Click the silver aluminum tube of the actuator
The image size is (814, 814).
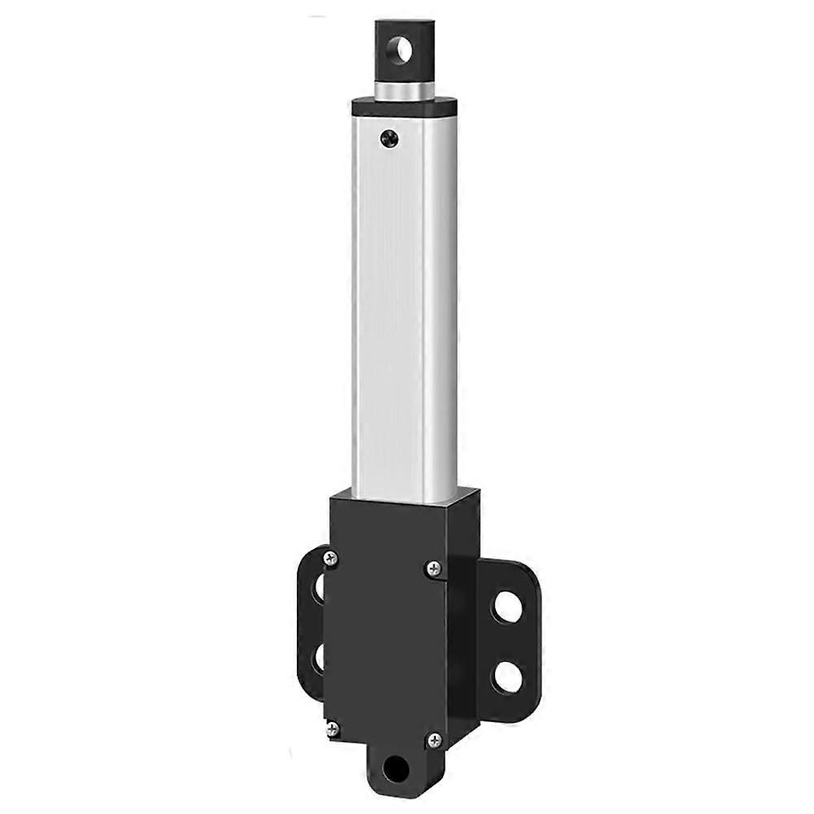tap(404, 309)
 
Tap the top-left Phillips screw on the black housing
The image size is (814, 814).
tap(330, 557)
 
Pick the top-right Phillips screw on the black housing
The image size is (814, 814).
tap(435, 569)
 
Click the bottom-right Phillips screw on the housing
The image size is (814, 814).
tap(435, 740)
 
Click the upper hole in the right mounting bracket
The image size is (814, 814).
tap(506, 607)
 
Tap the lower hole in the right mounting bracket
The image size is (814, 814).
tap(507, 677)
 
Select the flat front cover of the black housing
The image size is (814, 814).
tap(382, 642)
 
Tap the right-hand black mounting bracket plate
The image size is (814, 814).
tap(520, 642)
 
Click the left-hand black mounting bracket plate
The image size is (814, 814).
tap(307, 622)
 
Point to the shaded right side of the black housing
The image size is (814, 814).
tap(464, 618)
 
